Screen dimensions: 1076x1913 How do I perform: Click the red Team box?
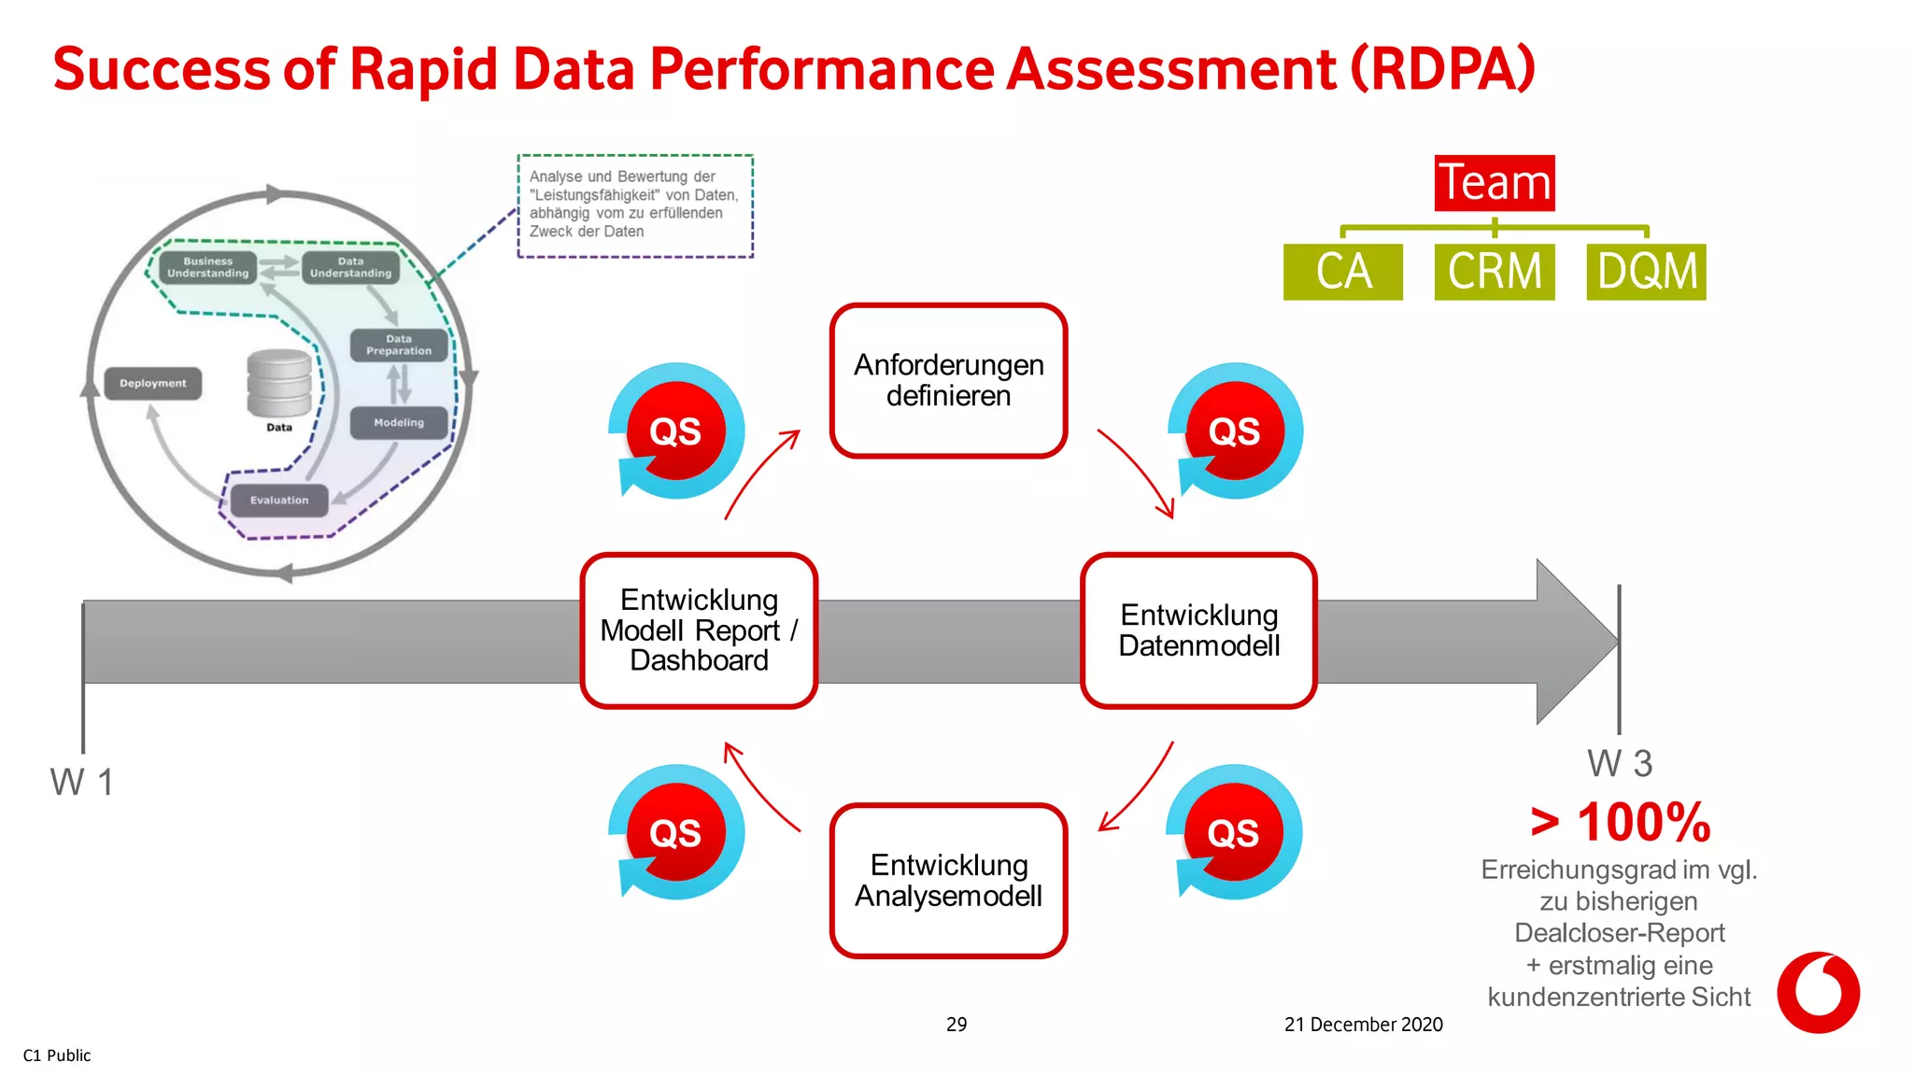pyautogui.click(x=1495, y=182)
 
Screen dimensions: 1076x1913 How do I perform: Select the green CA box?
pyautogui.click(x=1342, y=272)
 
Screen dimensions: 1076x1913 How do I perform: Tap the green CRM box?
pyautogui.click(x=1494, y=272)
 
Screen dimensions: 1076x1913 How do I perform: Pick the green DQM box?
pyautogui.click(x=1646, y=272)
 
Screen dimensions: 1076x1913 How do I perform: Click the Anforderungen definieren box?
pyautogui.click(x=948, y=380)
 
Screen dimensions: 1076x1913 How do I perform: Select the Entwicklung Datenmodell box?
pyautogui.click(x=1198, y=630)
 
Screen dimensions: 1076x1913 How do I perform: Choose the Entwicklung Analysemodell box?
pyautogui.click(x=948, y=880)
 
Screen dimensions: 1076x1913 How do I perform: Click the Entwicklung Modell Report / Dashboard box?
pyautogui.click(x=699, y=630)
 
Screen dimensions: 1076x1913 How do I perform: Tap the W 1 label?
pyautogui.click(x=82, y=782)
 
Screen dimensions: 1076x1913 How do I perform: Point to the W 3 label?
pyautogui.click(x=1620, y=764)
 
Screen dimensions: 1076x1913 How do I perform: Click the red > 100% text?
pyautogui.click(x=1620, y=823)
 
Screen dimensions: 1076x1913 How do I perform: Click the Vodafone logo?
pyautogui.click(x=1817, y=992)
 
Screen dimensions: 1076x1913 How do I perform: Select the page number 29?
pyautogui.click(x=956, y=1025)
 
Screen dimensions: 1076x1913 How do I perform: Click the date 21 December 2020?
pyautogui.click(x=1363, y=1025)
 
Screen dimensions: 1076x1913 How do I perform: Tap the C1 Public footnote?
pyautogui.click(x=57, y=1055)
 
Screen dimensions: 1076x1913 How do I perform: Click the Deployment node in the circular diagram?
pyautogui.click(x=153, y=383)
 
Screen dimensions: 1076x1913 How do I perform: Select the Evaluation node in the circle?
pyautogui.click(x=279, y=500)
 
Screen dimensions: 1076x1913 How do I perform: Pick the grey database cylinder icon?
pyautogui.click(x=279, y=383)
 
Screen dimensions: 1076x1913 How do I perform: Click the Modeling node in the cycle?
pyautogui.click(x=399, y=422)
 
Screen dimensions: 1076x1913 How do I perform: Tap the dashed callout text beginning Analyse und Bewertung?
pyautogui.click(x=635, y=205)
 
